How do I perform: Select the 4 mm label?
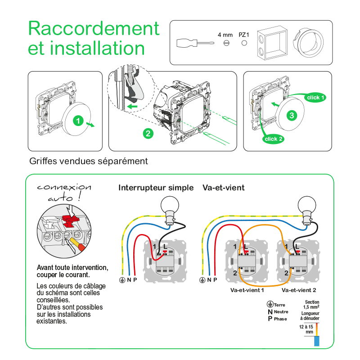[x=225, y=35]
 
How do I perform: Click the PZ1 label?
[x=244, y=35]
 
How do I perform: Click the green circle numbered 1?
[x=78, y=121]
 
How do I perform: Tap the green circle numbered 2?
[x=147, y=133]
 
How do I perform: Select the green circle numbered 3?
[x=292, y=116]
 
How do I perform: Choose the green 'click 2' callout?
[x=274, y=139]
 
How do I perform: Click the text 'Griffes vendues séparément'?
[x=88, y=161]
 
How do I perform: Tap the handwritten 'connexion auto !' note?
[x=63, y=192]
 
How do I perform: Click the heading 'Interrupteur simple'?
[x=156, y=188]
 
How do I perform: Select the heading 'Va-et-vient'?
[x=224, y=188]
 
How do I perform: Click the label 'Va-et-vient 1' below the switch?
[x=247, y=291]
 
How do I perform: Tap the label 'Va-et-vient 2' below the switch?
[x=299, y=291]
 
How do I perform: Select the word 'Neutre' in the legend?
[x=281, y=312]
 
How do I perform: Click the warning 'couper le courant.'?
[x=63, y=274]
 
